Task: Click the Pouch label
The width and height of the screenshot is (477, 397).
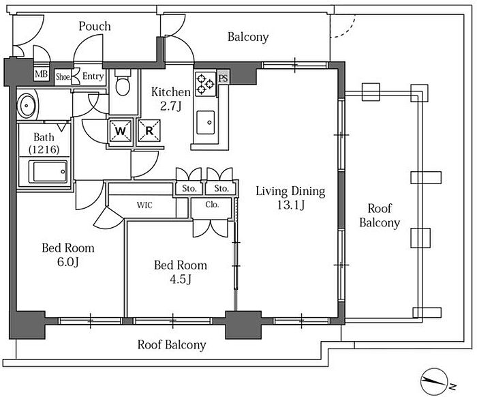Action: (95, 26)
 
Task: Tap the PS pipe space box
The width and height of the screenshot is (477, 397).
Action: (223, 78)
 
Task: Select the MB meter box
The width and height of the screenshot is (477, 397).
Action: (42, 74)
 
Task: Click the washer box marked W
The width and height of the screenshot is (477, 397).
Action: (121, 131)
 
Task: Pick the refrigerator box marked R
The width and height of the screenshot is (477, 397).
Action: (149, 130)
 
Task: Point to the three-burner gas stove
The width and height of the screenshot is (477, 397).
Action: (205, 83)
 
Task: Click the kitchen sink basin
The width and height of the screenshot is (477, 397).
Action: (205, 122)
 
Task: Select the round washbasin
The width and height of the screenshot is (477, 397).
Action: (27, 105)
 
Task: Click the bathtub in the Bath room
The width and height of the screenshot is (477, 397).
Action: (48, 171)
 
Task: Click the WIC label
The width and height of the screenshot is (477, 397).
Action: (144, 205)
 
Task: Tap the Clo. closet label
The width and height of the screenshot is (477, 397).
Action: (212, 205)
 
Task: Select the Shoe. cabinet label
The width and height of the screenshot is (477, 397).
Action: (63, 76)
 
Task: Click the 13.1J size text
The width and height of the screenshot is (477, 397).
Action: (290, 205)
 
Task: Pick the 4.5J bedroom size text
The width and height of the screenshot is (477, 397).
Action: (181, 279)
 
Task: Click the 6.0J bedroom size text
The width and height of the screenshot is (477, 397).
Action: (68, 262)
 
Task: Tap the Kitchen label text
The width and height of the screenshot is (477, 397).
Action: (171, 92)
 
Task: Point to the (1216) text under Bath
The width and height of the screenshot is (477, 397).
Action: (44, 149)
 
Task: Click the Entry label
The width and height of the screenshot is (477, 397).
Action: (93, 76)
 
